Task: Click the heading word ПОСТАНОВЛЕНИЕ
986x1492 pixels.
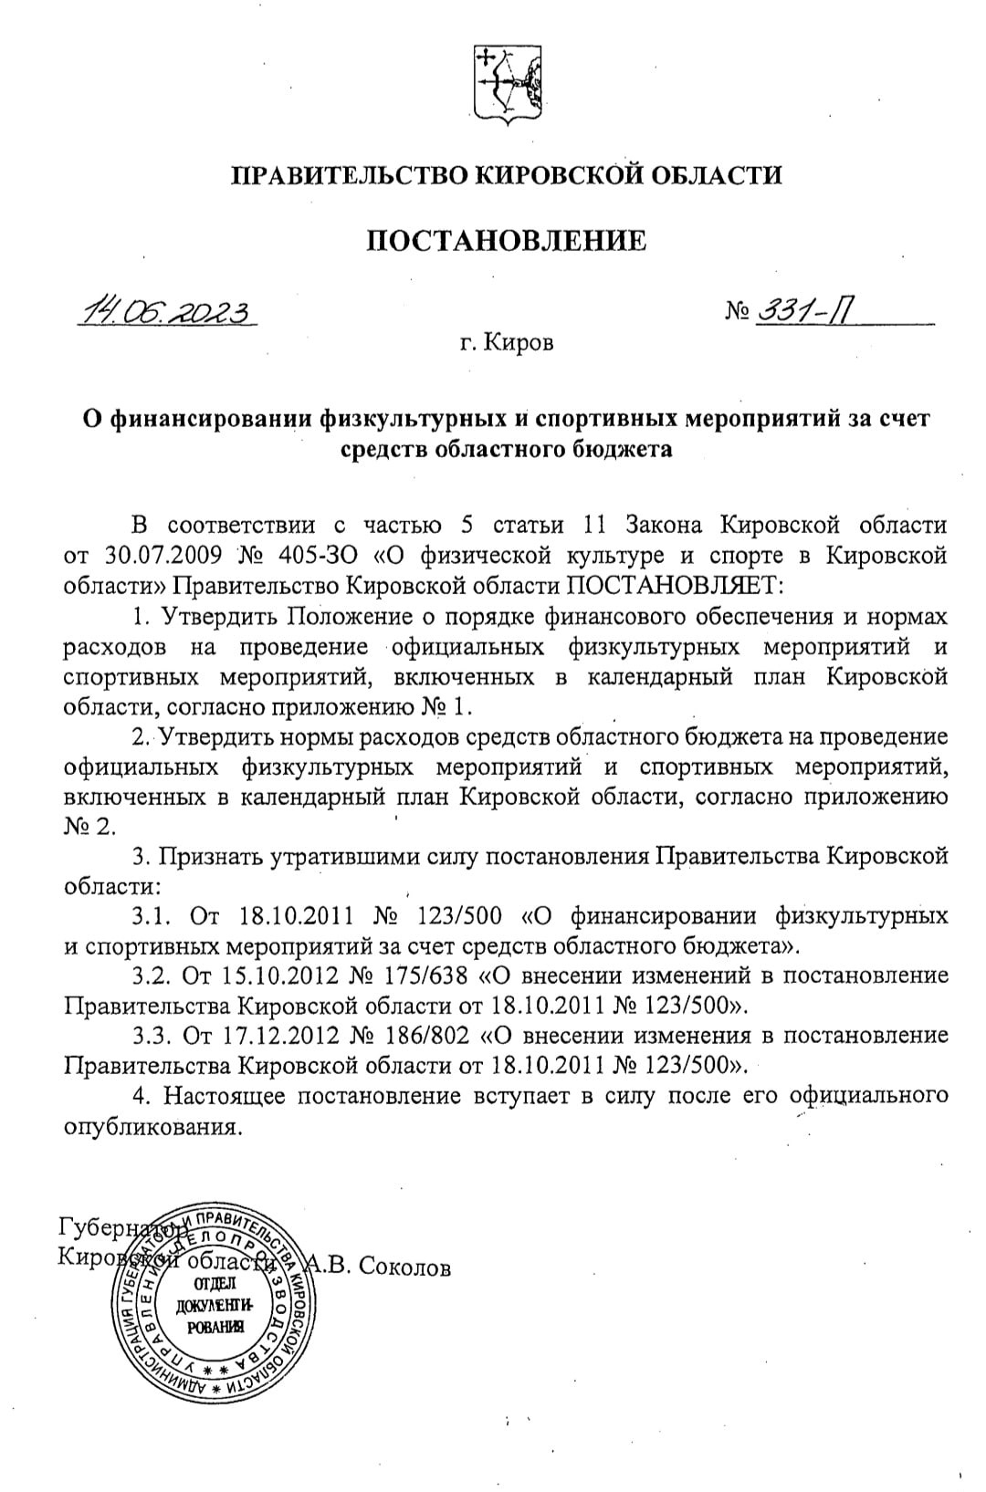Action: click(507, 241)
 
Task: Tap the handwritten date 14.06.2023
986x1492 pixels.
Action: click(168, 312)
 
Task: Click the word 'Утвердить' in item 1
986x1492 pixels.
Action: click(220, 616)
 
